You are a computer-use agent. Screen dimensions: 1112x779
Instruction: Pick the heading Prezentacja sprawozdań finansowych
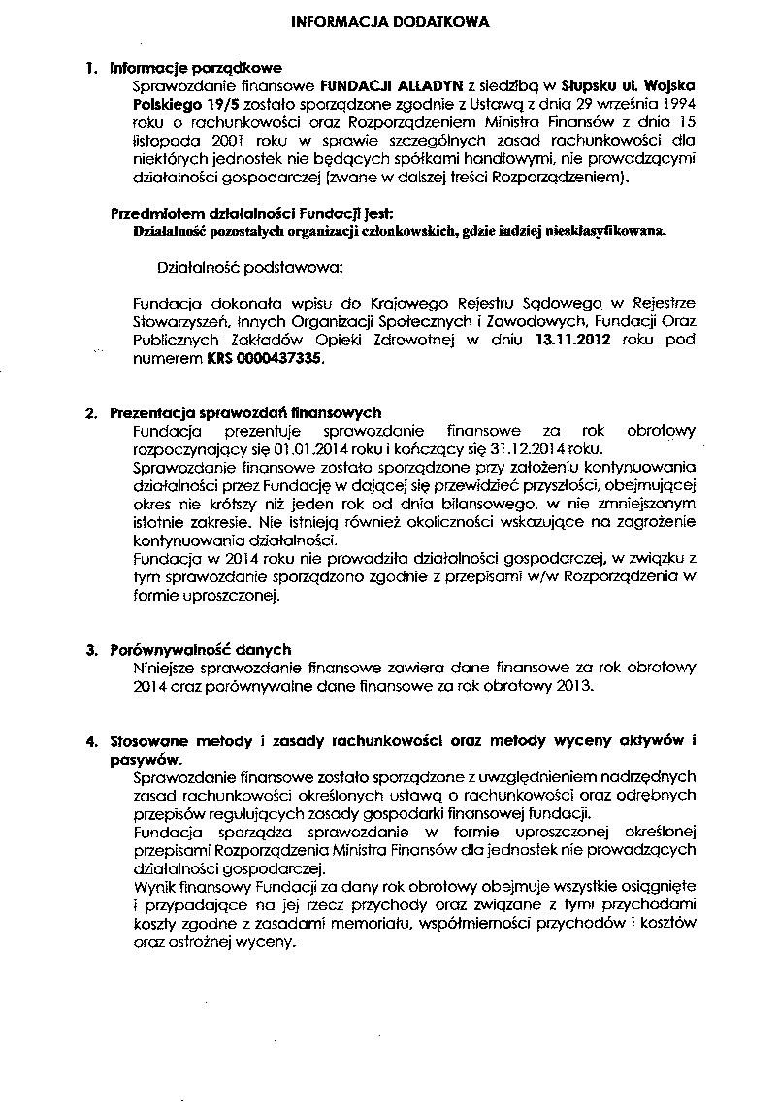point(245,413)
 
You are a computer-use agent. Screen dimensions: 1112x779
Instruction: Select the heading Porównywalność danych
point(201,650)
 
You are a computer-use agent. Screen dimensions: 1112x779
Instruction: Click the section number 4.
point(90,742)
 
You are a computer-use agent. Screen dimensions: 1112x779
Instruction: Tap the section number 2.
point(90,413)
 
